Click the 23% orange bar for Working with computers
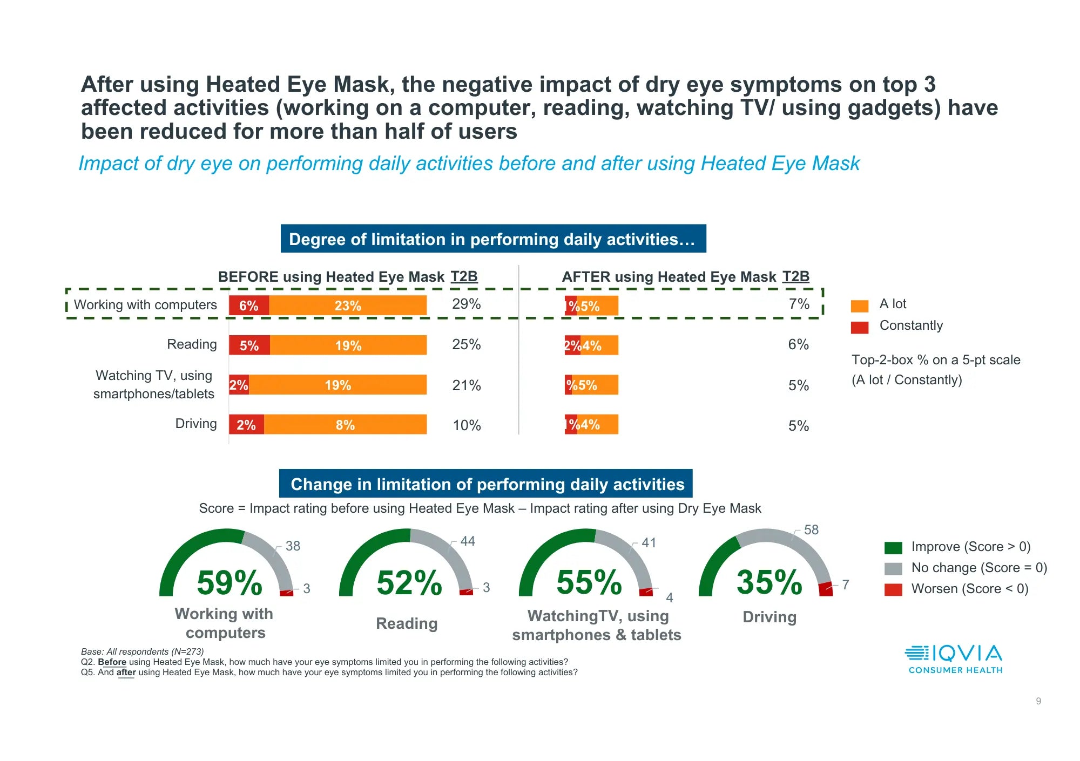point(348,305)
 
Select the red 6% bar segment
point(249,305)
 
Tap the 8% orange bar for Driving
point(345,425)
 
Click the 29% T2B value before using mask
point(466,304)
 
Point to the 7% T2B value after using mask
point(799,304)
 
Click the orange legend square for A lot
point(859,305)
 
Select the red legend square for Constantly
point(859,327)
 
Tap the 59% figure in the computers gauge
point(230,583)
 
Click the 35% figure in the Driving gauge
point(769,583)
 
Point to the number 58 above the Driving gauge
point(811,530)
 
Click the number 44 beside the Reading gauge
point(468,541)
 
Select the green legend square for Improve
point(893,548)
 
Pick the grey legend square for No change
point(893,569)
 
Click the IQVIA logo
point(954,659)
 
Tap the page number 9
point(1038,701)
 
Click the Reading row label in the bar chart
point(192,344)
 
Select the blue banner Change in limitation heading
point(486,484)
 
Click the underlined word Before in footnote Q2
point(112,662)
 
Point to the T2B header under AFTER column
point(795,276)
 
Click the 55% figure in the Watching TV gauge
point(589,583)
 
